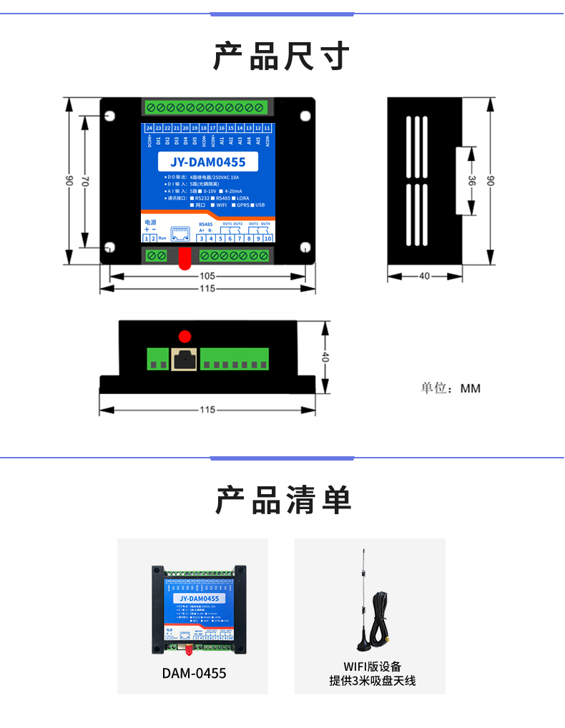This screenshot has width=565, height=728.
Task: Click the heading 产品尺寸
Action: click(x=282, y=56)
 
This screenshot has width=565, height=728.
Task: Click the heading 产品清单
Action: click(x=282, y=500)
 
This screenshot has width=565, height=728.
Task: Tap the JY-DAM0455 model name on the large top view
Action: click(x=208, y=162)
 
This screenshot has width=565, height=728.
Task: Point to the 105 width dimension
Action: click(x=207, y=276)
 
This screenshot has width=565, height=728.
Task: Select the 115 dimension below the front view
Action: click(x=207, y=410)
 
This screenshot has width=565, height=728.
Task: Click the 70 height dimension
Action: click(x=84, y=183)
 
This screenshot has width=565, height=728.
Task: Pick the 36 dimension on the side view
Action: click(x=471, y=182)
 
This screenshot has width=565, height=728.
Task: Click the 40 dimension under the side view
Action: click(x=424, y=276)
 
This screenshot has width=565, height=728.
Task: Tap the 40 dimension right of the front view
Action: click(x=325, y=357)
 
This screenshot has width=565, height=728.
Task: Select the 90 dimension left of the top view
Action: click(x=69, y=182)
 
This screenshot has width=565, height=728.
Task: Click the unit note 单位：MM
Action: click(x=451, y=388)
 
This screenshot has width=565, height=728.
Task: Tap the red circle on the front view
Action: click(x=185, y=335)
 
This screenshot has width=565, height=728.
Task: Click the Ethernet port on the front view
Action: click(x=185, y=360)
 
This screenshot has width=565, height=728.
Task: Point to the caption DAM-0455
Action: click(x=194, y=673)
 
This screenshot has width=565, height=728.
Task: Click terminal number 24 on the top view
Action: click(x=149, y=128)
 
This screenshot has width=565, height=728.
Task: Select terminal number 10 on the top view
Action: click(x=267, y=238)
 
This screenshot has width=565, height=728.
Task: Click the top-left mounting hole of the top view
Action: click(x=112, y=115)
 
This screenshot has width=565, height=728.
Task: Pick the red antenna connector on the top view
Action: click(x=185, y=258)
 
